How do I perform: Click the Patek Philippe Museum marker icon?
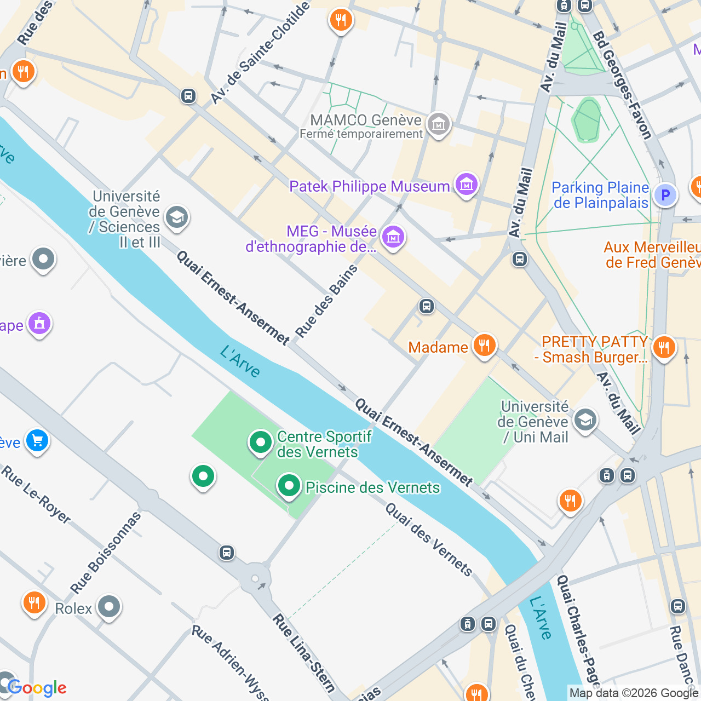click(466, 185)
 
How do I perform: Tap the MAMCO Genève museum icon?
click(439, 125)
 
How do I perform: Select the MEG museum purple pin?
click(393, 237)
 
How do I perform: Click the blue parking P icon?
click(665, 195)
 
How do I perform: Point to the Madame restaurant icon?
click(484, 346)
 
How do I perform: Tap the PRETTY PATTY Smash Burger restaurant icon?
click(664, 347)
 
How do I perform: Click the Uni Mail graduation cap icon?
click(585, 421)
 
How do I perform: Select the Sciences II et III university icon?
click(176, 217)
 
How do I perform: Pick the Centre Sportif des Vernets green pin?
click(261, 442)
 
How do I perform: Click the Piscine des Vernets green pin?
click(289, 486)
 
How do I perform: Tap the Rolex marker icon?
click(108, 607)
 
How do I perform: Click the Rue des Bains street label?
click(326, 301)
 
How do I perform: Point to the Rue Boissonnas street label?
click(106, 553)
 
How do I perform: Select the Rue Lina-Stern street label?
click(304, 653)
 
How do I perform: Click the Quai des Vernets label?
click(429, 540)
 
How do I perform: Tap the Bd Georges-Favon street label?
click(623, 85)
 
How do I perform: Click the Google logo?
click(37, 688)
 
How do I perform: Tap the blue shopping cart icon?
click(37, 440)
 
